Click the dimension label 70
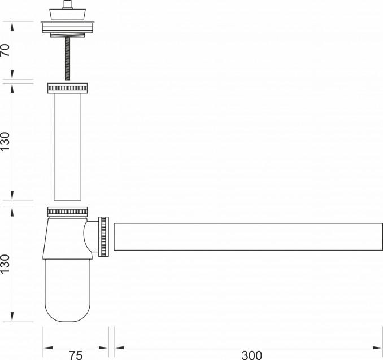[6, 50]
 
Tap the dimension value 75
[76, 355]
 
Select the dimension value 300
[252, 355]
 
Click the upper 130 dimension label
[6, 141]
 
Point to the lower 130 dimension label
[6, 264]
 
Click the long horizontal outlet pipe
[248, 236]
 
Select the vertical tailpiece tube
[67, 147]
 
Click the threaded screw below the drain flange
[67, 59]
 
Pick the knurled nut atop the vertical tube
[67, 88]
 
